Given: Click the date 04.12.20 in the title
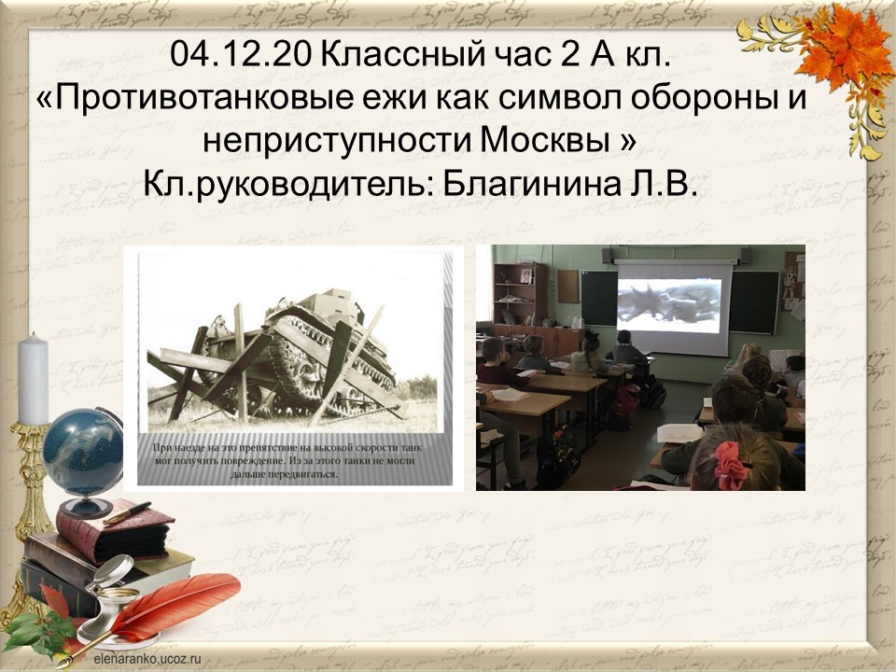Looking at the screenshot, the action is coord(241,56).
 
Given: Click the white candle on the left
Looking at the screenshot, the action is coord(33,379).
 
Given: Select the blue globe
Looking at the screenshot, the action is coord(83,452).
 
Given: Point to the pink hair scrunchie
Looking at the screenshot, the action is coord(732,465).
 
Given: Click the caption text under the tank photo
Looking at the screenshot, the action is coord(284,460).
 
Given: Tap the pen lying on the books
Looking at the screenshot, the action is coord(127,512).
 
